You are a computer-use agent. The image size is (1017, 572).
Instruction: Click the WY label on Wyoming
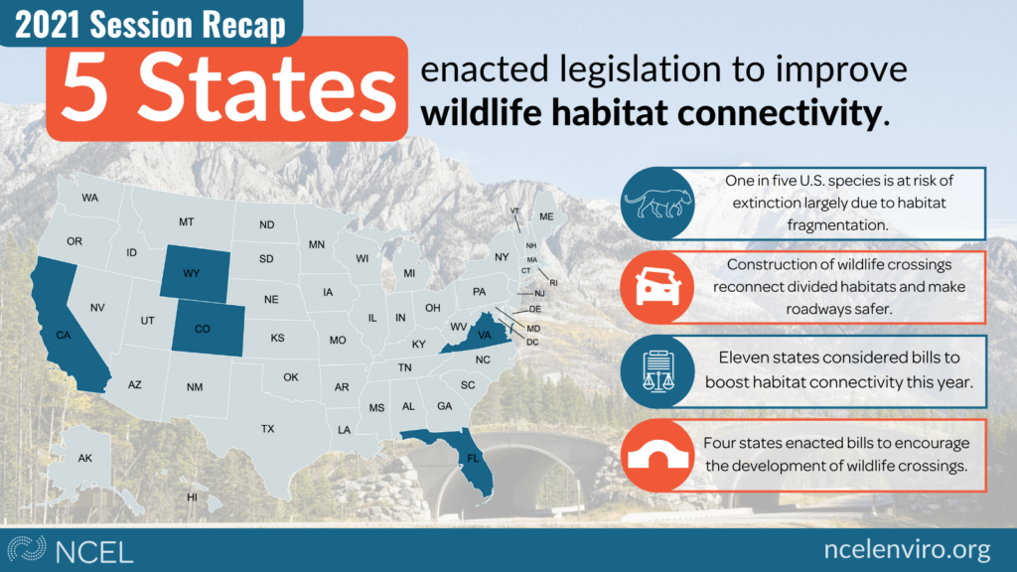coord(191,274)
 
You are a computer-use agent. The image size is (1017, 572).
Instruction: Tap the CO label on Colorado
coord(203,329)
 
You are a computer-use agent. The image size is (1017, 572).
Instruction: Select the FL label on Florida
coord(473,459)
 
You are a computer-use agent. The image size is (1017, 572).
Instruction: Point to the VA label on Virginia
coord(485,336)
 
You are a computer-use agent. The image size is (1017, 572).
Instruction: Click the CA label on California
coord(63,336)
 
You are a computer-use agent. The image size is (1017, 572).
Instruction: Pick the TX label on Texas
coord(268,429)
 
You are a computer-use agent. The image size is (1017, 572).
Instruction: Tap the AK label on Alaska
coord(85,458)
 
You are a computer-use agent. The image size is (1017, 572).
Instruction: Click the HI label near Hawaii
coord(192,498)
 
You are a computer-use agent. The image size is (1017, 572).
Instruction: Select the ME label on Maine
coord(547,216)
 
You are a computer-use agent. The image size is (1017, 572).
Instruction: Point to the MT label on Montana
coord(186,221)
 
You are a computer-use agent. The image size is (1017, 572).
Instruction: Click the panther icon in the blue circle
coord(658,204)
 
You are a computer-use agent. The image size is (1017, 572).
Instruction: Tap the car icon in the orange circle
coord(657,286)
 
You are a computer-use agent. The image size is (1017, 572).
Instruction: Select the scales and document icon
coord(657,371)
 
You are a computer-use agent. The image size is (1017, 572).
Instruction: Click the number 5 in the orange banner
coord(84,88)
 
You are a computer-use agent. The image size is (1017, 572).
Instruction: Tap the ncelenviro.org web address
coord(907,550)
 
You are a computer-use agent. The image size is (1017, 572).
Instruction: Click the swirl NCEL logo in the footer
coord(26,548)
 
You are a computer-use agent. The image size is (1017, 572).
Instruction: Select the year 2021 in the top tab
coord(48,24)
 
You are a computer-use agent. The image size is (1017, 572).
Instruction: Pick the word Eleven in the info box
coord(744,357)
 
